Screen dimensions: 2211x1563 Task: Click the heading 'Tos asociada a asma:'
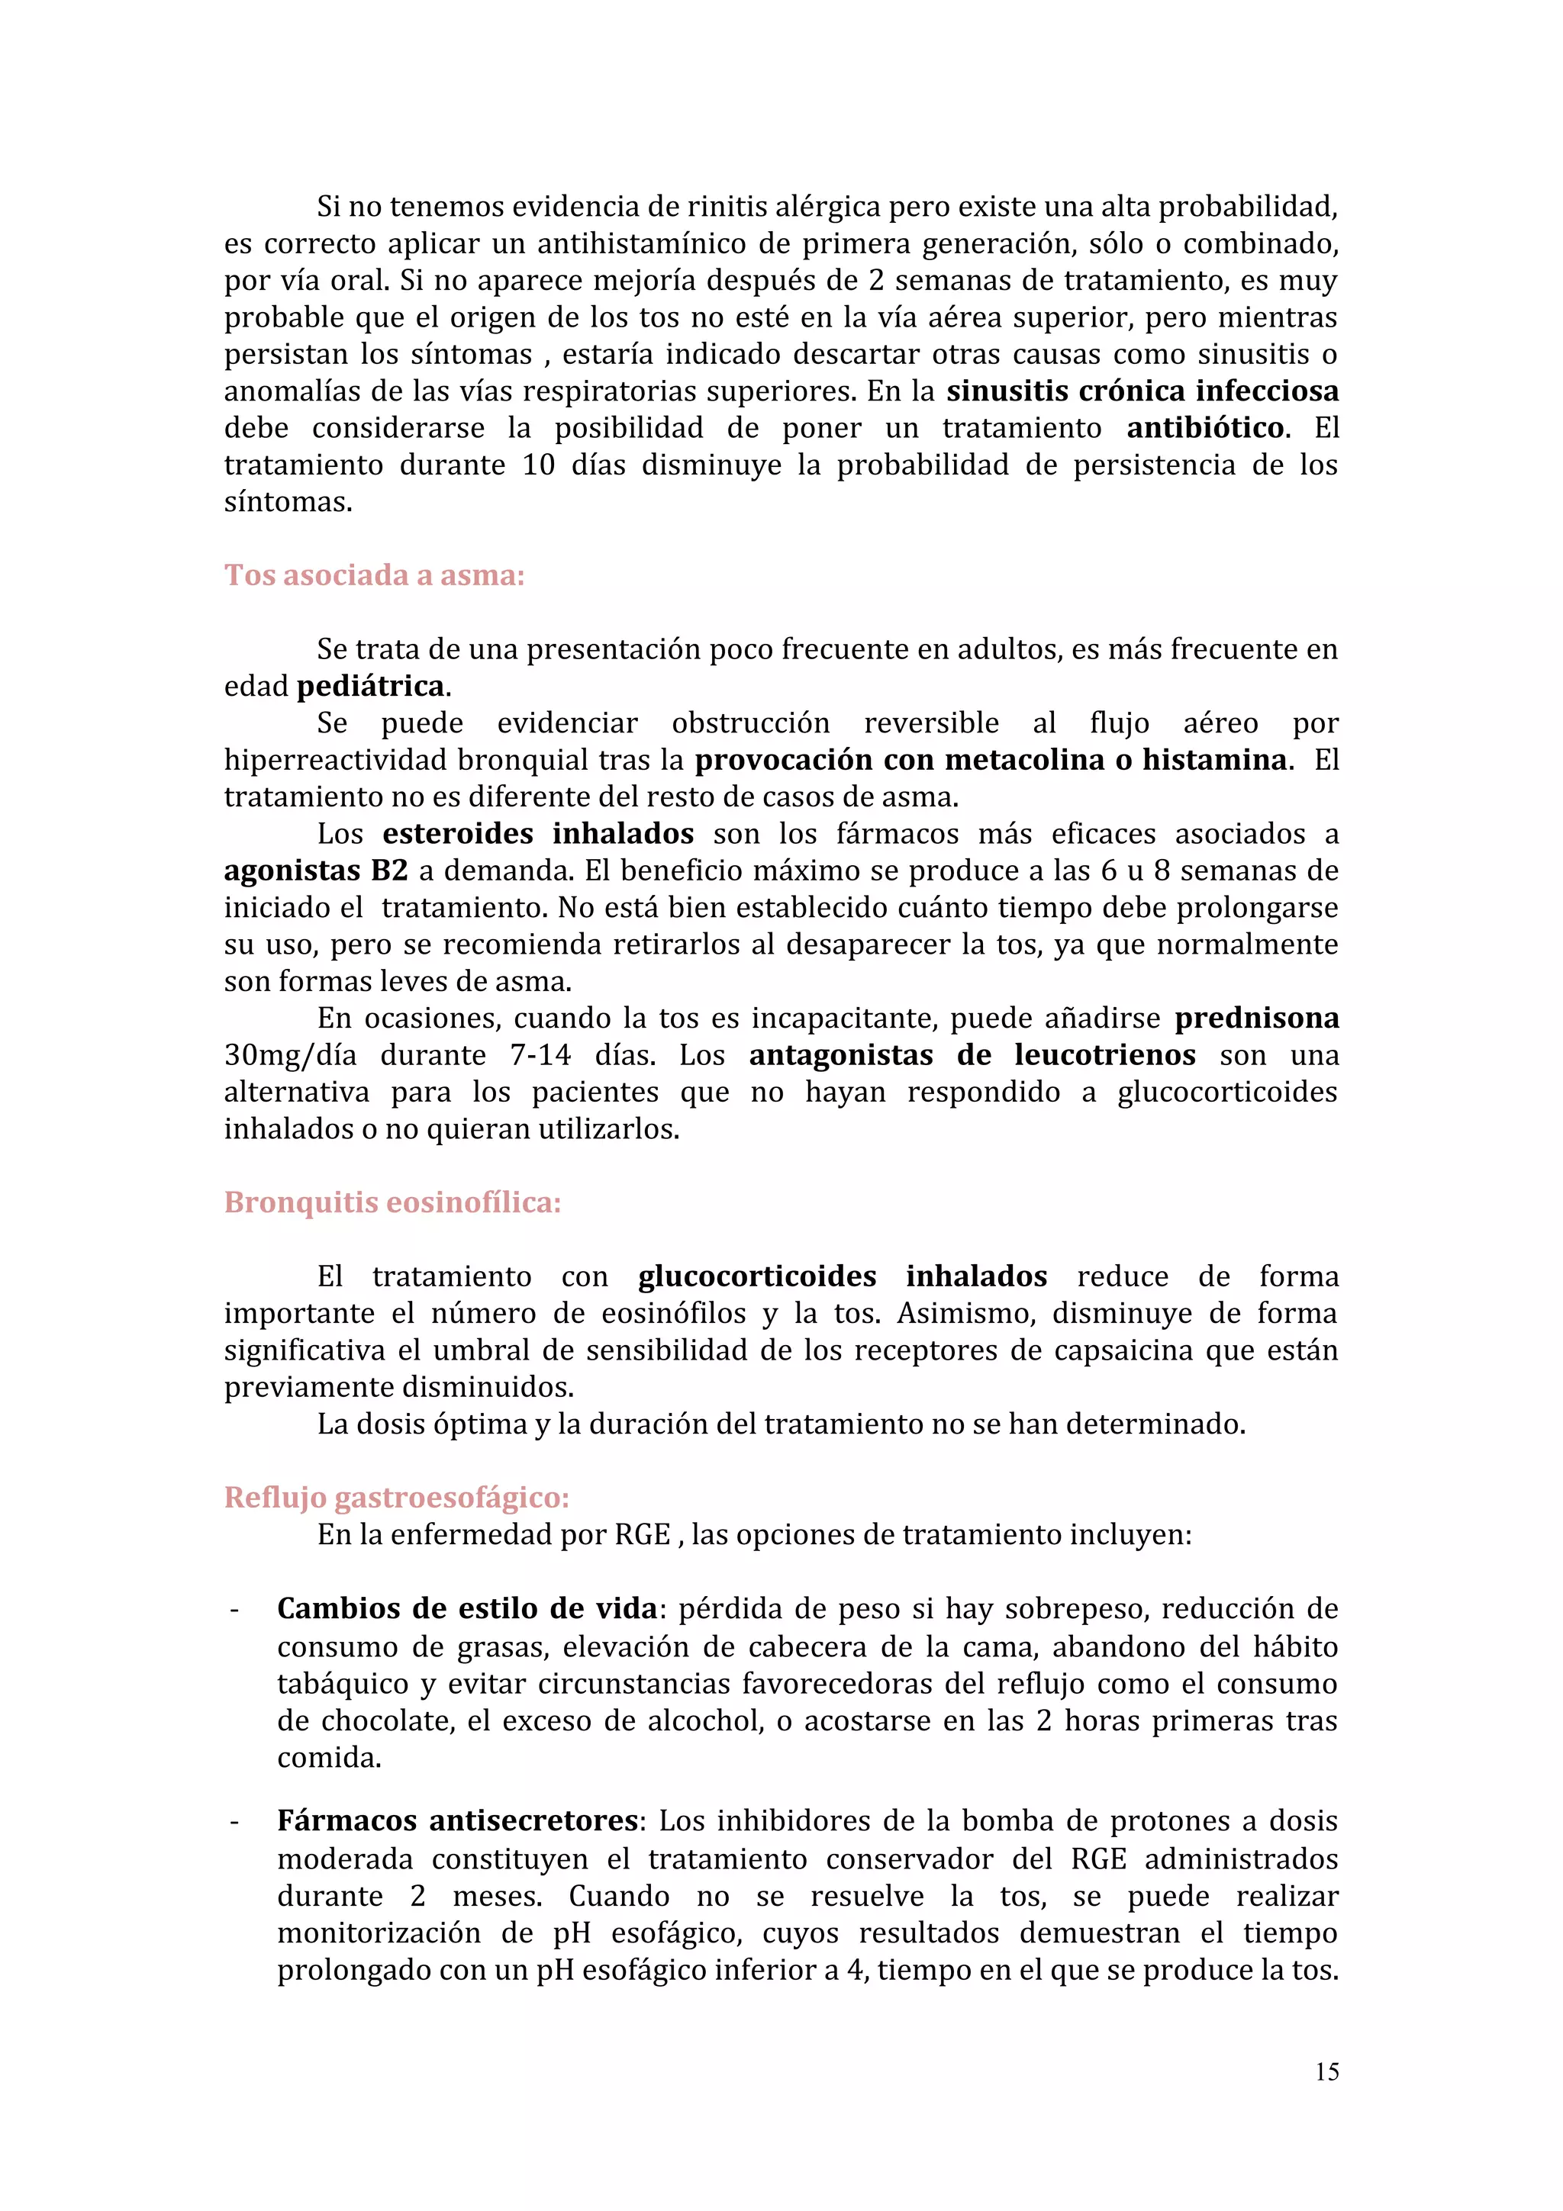point(374,575)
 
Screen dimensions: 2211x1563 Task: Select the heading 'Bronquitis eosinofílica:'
point(392,1202)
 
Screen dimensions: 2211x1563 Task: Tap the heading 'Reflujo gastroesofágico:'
point(397,1498)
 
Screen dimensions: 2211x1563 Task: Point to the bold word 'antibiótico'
point(1205,427)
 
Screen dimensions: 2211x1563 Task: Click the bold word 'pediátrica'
point(371,687)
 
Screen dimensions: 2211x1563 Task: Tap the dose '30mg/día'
point(290,1055)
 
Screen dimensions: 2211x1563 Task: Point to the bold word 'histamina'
point(1213,761)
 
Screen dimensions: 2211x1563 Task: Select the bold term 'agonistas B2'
point(316,871)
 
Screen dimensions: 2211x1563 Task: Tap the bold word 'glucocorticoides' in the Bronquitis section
point(757,1277)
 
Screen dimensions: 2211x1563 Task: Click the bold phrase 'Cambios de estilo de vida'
point(467,1609)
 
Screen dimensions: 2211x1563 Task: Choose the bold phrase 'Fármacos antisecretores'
point(457,1821)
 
